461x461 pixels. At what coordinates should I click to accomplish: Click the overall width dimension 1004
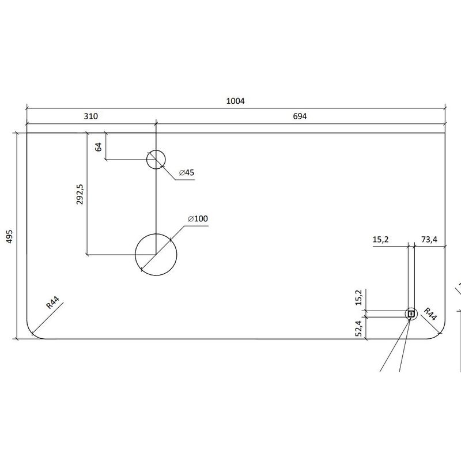point(235,101)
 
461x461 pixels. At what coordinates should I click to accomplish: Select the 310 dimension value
point(91,116)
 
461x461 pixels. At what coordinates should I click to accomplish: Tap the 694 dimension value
point(300,116)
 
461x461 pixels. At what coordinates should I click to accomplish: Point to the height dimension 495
point(9,236)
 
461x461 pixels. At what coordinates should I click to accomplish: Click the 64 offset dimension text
point(99,147)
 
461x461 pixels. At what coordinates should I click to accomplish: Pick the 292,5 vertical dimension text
point(80,194)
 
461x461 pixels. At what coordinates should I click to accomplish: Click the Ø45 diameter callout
point(187,172)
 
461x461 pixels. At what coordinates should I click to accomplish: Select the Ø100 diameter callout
point(198,218)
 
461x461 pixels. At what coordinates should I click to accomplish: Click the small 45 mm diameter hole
point(156,160)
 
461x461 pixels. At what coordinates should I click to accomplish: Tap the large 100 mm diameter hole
point(156,255)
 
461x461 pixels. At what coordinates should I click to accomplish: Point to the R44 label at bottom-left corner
point(53,303)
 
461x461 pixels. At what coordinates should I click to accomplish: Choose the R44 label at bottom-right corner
point(430,313)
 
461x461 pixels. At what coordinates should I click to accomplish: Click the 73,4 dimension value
point(429,240)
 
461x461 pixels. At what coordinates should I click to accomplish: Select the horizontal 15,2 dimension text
point(380,240)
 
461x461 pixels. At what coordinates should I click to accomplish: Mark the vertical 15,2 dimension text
point(358,297)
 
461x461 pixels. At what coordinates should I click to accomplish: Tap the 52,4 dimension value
point(358,328)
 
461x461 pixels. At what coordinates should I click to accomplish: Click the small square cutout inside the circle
point(411,314)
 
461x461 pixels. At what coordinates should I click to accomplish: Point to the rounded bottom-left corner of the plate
point(33,333)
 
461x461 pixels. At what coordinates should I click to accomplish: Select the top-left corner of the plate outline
point(27,133)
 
